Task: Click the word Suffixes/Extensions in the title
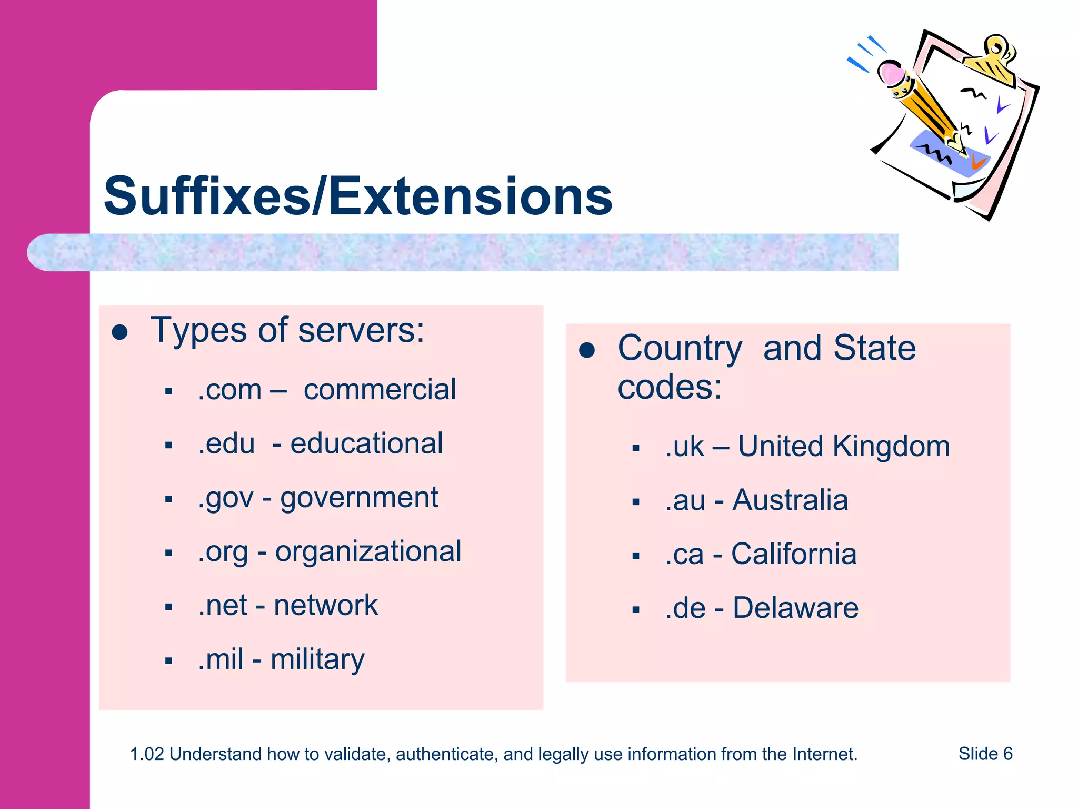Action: (358, 196)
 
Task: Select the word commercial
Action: (380, 390)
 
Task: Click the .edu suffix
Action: (226, 443)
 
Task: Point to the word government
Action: (359, 498)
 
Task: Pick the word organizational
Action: (368, 552)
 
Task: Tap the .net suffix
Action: (223, 606)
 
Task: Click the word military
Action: (317, 660)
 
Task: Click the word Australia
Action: (790, 500)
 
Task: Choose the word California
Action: (794, 554)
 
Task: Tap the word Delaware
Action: (795, 608)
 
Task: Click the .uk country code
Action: (684, 447)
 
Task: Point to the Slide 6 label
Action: (985, 754)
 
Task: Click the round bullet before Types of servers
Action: (120, 332)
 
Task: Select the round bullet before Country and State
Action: (586, 350)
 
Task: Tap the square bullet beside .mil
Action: (168, 661)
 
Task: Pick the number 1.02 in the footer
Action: (147, 754)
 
